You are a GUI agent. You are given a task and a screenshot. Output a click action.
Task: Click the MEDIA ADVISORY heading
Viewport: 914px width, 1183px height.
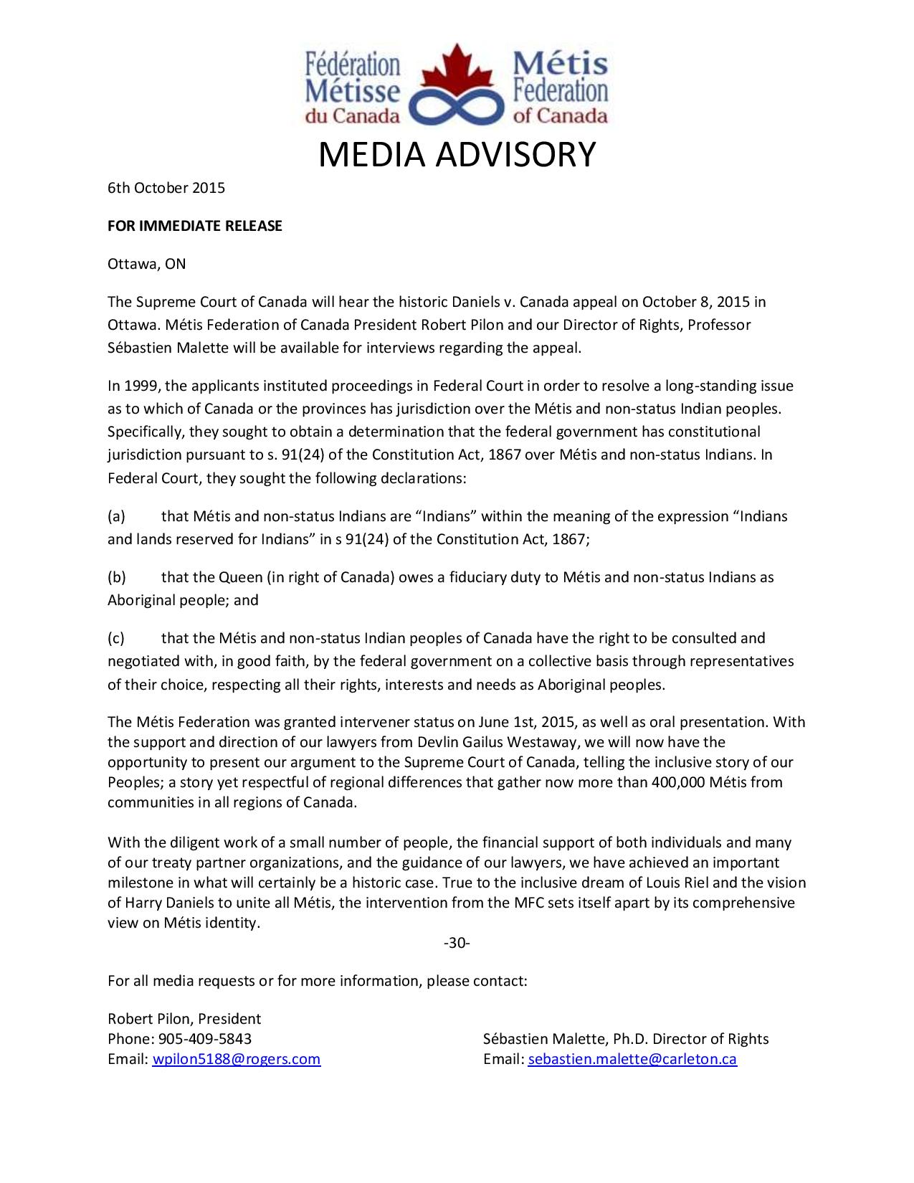coord(457,154)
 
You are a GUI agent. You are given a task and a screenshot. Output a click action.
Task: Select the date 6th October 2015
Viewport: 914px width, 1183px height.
coord(166,189)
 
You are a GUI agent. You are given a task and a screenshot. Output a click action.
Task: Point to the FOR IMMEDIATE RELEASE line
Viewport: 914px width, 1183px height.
coord(195,227)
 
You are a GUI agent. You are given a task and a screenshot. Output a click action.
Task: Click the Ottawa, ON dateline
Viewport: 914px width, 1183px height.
coord(146,264)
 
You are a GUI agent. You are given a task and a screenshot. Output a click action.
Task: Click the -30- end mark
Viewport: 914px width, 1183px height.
coord(457,943)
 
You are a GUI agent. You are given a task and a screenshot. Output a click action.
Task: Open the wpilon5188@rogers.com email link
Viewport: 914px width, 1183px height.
coord(237,1059)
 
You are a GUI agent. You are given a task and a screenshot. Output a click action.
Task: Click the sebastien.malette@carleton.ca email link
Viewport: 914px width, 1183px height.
coord(632,1059)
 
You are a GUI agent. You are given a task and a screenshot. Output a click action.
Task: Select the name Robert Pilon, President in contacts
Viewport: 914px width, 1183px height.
coord(184,1019)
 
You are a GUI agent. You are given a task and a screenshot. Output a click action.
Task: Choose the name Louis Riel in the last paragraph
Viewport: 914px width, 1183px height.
coord(695,883)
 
